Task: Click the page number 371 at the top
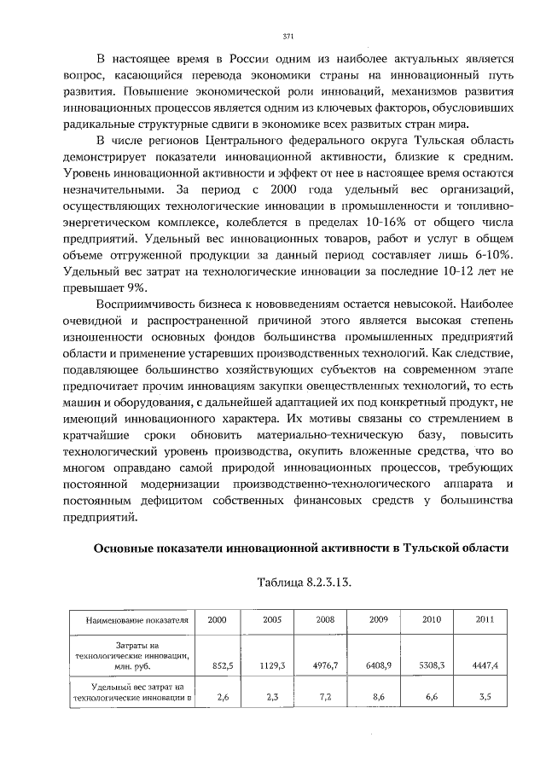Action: point(288,36)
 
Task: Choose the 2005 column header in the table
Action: point(272,619)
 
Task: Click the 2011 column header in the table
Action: point(485,619)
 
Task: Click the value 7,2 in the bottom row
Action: point(325,697)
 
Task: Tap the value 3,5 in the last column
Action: point(485,697)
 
